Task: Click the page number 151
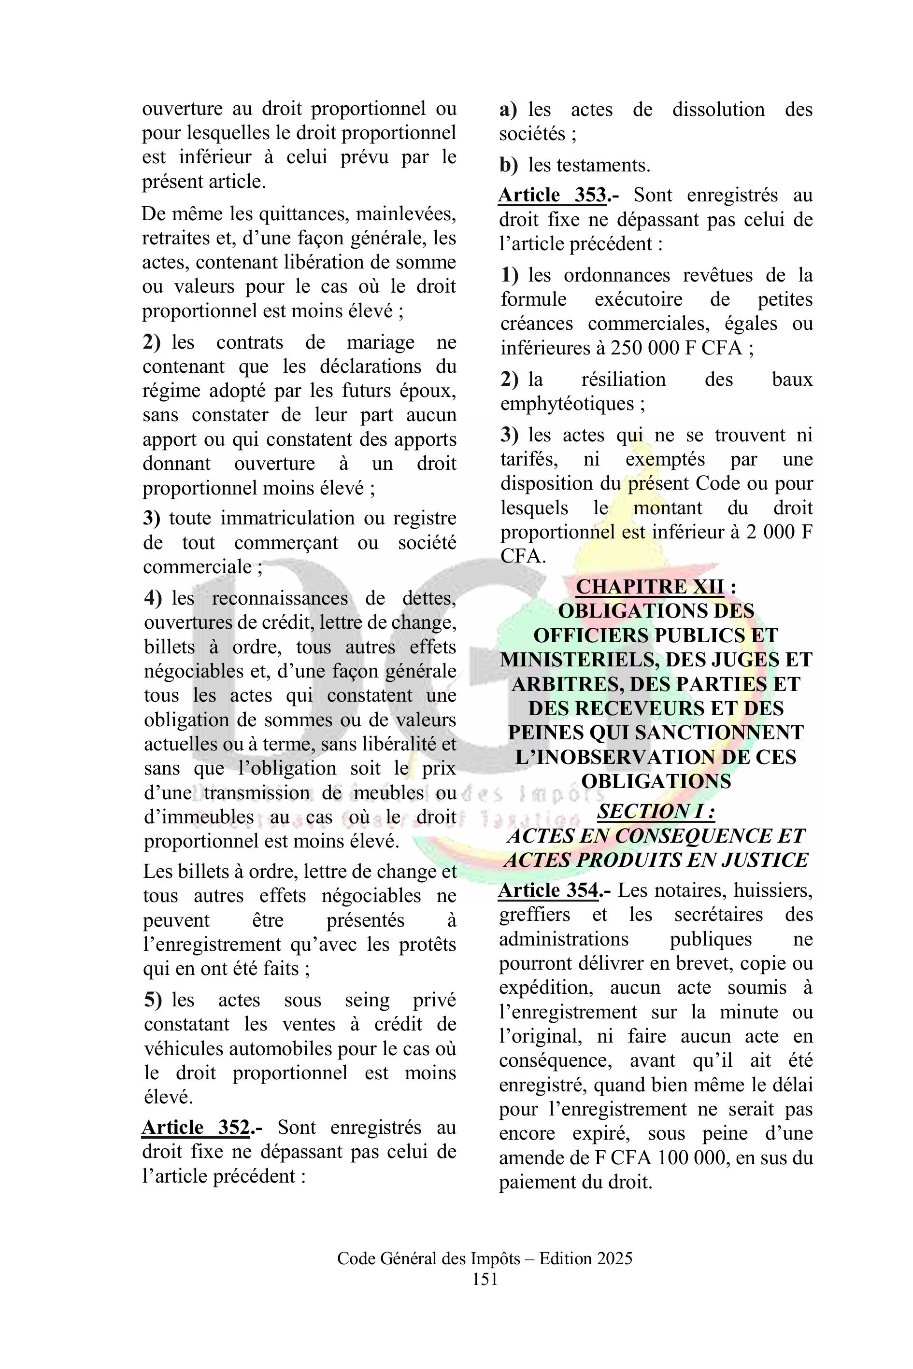(x=485, y=1279)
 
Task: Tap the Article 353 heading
(x=553, y=195)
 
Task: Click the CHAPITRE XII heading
(x=650, y=586)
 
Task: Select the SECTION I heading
(x=656, y=811)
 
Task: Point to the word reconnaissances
(x=280, y=598)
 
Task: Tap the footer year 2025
(x=613, y=1259)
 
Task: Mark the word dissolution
(x=718, y=110)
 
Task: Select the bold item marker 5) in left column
(x=153, y=1000)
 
